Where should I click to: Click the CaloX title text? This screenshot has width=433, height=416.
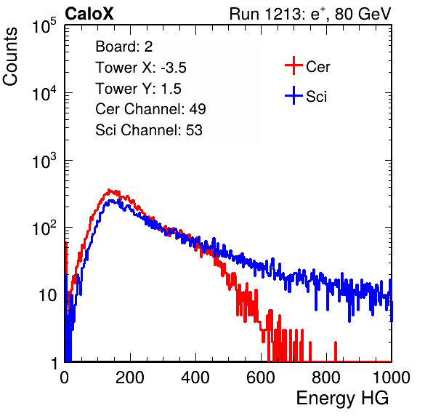[89, 14]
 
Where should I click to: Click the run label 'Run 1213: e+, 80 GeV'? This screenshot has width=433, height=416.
[310, 14]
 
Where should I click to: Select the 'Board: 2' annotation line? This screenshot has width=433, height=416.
[124, 47]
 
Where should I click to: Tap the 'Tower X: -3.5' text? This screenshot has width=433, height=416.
[141, 68]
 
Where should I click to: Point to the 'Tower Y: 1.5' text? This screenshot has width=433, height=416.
[138, 89]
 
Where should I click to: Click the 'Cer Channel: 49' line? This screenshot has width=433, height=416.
[150, 109]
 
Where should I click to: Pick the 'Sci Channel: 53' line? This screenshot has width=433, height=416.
[149, 130]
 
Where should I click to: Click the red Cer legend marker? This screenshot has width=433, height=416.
[294, 65]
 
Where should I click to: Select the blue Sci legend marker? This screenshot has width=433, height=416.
[294, 96]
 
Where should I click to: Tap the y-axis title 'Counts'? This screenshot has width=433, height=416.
[10, 57]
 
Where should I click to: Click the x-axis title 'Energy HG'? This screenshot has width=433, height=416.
[342, 399]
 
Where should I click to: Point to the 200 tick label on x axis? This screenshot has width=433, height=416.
[130, 377]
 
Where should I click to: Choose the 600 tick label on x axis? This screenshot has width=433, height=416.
[261, 377]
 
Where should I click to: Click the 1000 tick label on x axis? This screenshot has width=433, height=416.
[392, 377]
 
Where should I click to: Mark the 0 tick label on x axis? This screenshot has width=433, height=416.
[65, 377]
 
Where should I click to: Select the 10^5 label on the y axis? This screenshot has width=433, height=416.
[44, 26]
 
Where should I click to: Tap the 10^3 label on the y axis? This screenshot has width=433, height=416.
[44, 161]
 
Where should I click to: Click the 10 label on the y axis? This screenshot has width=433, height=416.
[48, 295]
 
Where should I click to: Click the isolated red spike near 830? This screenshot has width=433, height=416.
[336, 351]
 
